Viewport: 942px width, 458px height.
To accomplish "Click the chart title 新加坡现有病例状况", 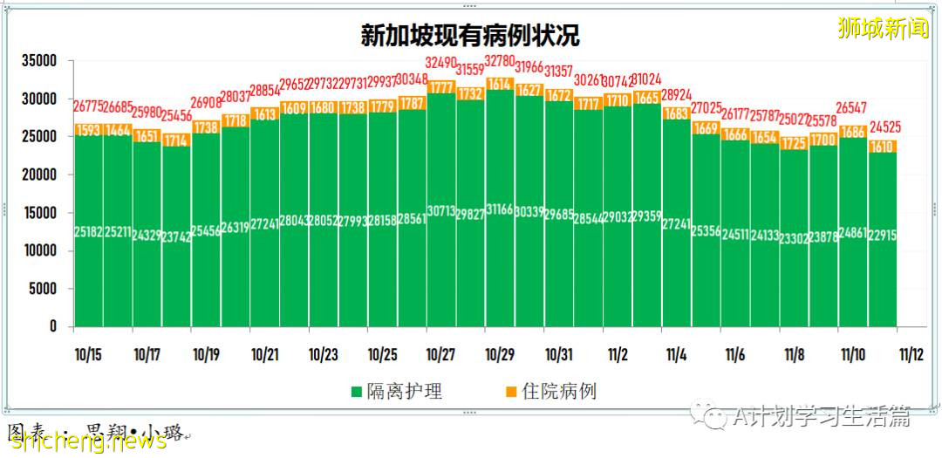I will [470, 36].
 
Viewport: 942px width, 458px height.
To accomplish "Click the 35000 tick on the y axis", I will [39, 61].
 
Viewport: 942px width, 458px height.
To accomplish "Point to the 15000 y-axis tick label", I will [39, 213].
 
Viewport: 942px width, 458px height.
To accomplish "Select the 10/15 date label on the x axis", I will [87, 355].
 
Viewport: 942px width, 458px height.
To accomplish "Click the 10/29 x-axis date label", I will [500, 355].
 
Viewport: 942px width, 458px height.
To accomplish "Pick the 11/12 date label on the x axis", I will [911, 355].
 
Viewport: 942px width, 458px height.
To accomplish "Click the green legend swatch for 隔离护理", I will [357, 392].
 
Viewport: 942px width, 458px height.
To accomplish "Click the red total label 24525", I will [883, 126].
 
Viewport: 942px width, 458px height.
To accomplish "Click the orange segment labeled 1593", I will [88, 130].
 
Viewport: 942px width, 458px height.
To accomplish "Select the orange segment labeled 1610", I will [883, 147].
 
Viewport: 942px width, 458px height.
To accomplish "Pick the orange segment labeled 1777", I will [441, 87].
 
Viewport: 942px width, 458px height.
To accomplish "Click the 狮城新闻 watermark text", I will [883, 29].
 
